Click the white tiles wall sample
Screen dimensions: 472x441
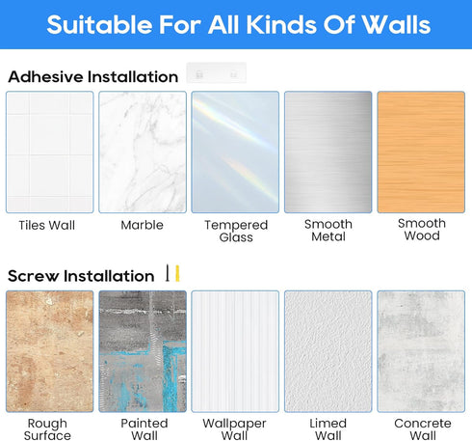(x=50, y=152)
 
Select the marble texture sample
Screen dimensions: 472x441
(x=143, y=152)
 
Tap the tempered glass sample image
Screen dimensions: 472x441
(x=235, y=152)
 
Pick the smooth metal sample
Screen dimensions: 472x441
(x=328, y=152)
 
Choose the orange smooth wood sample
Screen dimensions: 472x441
(x=421, y=152)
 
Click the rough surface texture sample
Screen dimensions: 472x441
(x=50, y=351)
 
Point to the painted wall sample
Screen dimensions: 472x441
(x=143, y=351)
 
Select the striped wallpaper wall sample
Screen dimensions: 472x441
(x=235, y=351)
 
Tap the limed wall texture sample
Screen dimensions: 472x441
(x=328, y=351)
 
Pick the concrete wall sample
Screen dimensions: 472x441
(x=421, y=351)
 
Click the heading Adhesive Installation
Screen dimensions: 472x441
(x=93, y=77)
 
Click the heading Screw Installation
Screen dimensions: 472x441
(x=81, y=276)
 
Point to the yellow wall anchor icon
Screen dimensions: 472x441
(x=177, y=273)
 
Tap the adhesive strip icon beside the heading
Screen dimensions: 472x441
(x=217, y=73)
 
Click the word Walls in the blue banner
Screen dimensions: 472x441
(x=396, y=24)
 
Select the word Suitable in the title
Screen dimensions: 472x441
(x=99, y=24)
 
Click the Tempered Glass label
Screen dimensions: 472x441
(x=236, y=231)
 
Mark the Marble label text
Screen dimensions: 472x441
(x=142, y=225)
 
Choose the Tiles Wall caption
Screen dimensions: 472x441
(x=47, y=225)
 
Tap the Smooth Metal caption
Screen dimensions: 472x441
(x=328, y=230)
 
